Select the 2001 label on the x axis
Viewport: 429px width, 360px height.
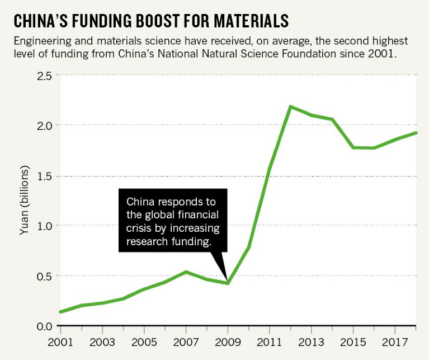60,342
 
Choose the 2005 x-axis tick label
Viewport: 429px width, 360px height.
144,342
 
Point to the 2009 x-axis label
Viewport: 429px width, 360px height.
228,342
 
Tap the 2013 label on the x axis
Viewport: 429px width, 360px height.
312,342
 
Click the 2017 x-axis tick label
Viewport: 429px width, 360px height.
395,342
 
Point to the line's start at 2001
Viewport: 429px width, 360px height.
60,312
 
